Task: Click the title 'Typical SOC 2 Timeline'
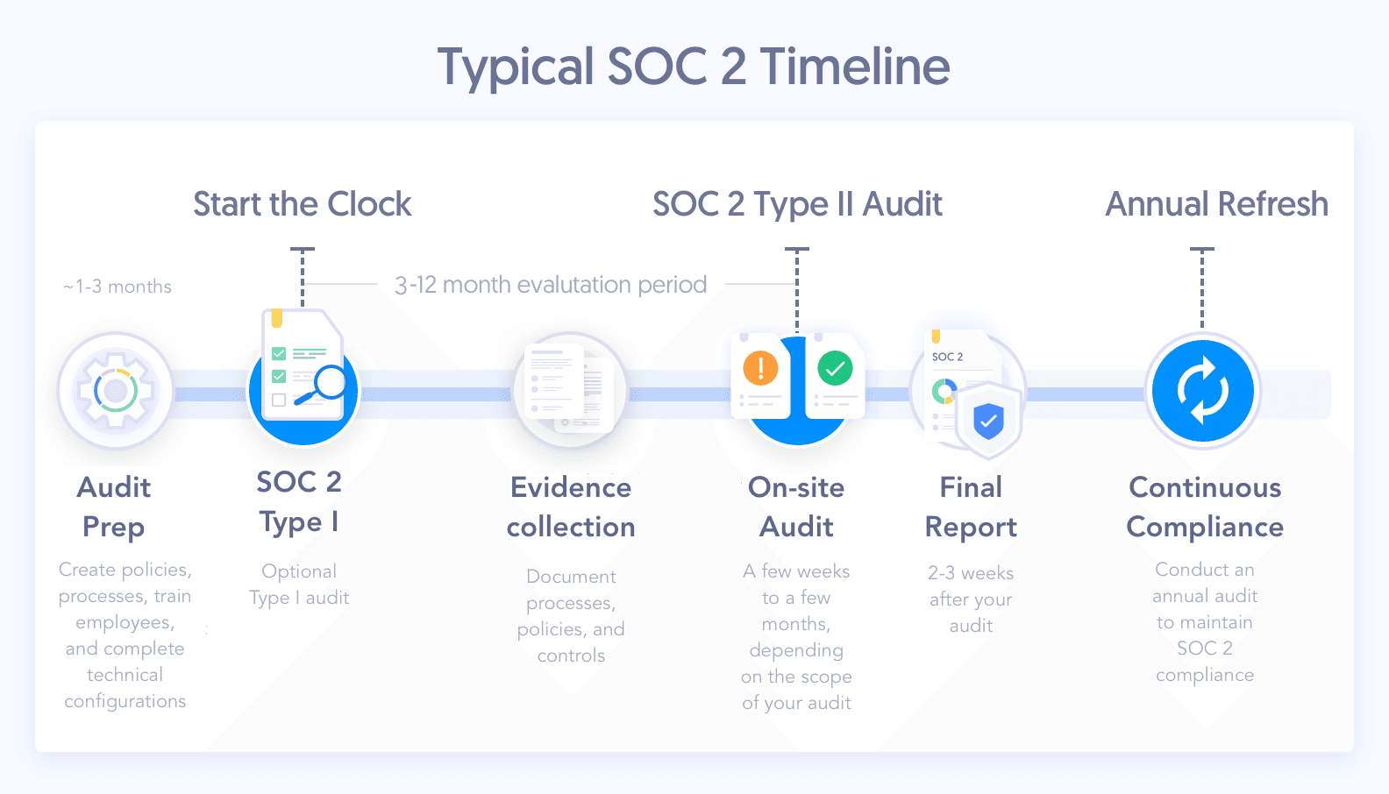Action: (x=694, y=67)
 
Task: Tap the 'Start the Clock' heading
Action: (x=302, y=204)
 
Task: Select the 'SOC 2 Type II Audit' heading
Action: (x=797, y=204)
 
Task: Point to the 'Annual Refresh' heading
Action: (x=1216, y=204)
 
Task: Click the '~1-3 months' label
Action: (x=118, y=287)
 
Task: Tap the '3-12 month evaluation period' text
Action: (x=551, y=285)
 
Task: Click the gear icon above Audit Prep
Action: (x=116, y=391)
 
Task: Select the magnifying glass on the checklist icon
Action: (x=324, y=385)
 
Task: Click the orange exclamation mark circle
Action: (x=760, y=367)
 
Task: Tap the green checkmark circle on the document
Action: (x=835, y=368)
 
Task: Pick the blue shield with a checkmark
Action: (x=988, y=421)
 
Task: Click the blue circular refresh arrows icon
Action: (x=1203, y=391)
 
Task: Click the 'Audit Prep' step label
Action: (x=113, y=507)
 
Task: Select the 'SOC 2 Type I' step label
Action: (x=299, y=502)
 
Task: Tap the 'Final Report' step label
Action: (x=971, y=507)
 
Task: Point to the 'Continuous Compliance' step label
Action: (x=1205, y=507)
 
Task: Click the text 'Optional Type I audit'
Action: (x=299, y=584)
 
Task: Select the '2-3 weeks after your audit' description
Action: (x=971, y=599)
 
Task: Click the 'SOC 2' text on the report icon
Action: (x=948, y=357)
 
